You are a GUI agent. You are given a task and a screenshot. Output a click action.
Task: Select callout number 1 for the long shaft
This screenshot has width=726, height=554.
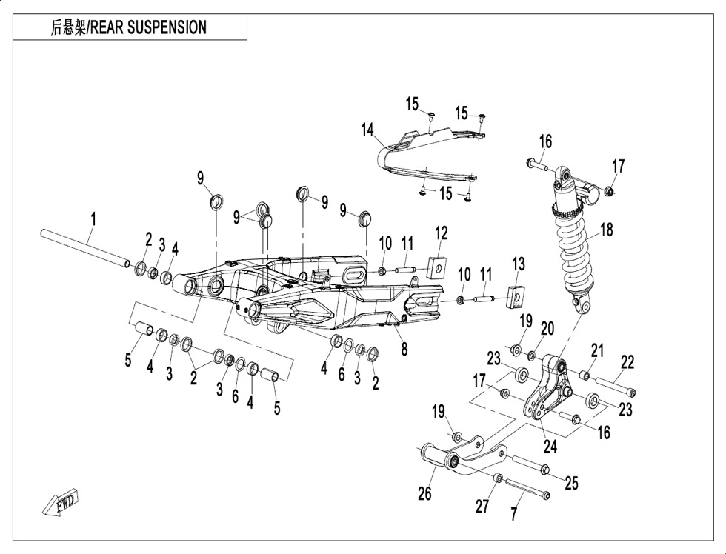click(x=93, y=218)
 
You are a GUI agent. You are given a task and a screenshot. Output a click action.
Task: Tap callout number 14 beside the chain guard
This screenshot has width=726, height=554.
click(x=368, y=130)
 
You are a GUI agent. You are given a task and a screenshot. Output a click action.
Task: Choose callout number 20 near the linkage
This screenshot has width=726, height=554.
click(x=547, y=328)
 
